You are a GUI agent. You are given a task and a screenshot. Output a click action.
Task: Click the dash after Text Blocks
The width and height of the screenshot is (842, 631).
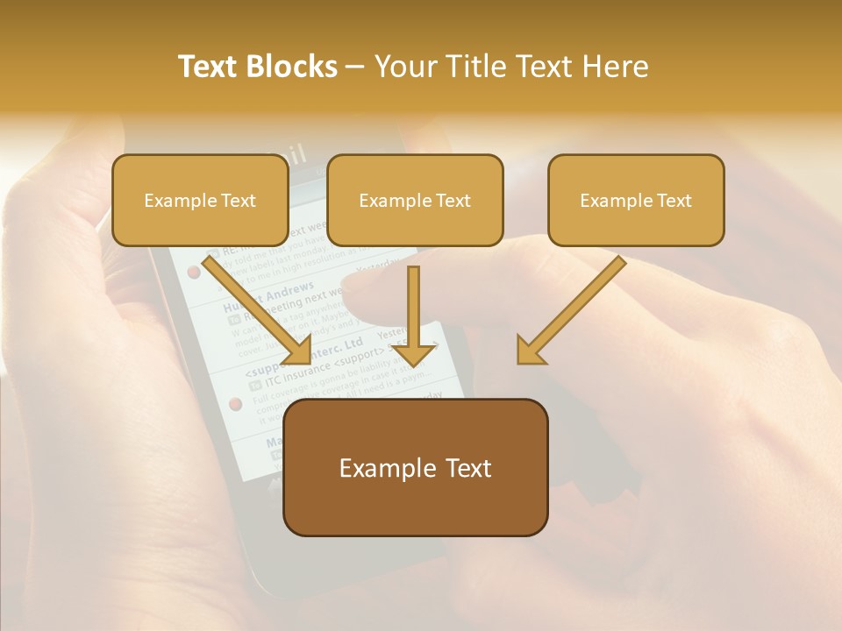click(x=354, y=67)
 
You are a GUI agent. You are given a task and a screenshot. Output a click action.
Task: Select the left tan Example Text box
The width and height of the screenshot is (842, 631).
click(x=200, y=200)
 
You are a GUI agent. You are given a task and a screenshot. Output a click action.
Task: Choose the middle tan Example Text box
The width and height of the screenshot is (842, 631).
click(x=415, y=200)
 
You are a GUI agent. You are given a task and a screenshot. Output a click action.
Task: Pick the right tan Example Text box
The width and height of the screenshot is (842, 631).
click(x=636, y=200)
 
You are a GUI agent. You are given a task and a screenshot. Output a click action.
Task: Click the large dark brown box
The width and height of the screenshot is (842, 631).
click(x=415, y=467)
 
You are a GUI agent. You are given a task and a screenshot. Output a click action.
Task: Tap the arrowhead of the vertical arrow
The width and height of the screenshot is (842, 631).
click(x=414, y=353)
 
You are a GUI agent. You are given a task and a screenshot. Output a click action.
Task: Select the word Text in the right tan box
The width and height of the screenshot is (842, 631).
click(x=674, y=201)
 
